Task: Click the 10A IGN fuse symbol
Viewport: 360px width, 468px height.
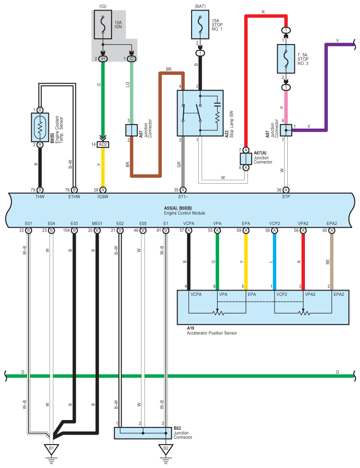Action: coord(103,25)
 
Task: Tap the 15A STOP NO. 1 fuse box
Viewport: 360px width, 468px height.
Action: coord(200,25)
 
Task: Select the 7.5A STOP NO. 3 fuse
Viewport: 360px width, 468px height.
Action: coord(286,59)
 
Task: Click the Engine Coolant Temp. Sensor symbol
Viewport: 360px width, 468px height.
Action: coord(40,127)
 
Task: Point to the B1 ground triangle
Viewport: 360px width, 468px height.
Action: coord(52,449)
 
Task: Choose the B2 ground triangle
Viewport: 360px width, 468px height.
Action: coord(166,449)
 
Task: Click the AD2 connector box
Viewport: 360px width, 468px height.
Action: coord(103,145)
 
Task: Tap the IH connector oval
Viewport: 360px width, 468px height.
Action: coord(103,59)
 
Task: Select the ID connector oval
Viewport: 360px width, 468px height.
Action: coord(131,59)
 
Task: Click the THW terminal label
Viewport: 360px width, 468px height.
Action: coord(40,197)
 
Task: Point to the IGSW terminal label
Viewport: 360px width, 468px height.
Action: coord(103,197)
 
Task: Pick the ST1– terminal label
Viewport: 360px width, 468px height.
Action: coord(183,197)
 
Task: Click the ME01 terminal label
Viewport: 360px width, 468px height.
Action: coord(97,223)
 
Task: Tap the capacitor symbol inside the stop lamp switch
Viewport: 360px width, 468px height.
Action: coord(217,104)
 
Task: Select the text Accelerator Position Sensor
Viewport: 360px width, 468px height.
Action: coord(212,333)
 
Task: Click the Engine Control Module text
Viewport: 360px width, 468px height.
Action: coord(184,213)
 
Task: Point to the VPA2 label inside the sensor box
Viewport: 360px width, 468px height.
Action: coord(310,294)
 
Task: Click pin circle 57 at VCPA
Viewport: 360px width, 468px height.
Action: coord(189,230)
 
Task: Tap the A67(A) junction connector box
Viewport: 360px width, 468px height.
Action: coord(246,159)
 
